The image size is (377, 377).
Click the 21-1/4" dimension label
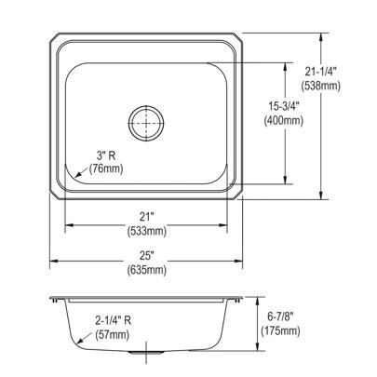320,73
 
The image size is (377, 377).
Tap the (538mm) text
320,86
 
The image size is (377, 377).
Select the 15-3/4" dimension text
283,107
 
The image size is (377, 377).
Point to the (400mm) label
283,120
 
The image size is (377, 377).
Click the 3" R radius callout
105,155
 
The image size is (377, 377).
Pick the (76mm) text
106,168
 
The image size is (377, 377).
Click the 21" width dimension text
147,217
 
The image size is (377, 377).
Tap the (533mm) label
147,231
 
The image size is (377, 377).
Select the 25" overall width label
147,256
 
